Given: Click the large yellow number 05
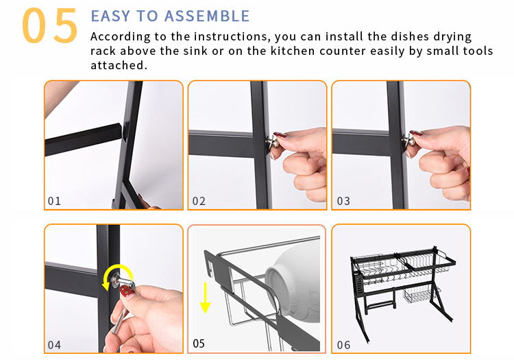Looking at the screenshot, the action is [x=50, y=25].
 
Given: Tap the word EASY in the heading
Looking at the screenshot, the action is [x=110, y=16].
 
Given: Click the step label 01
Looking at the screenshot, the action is [x=54, y=201].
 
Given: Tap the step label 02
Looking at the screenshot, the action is [x=199, y=201].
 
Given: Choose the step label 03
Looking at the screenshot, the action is [x=343, y=201].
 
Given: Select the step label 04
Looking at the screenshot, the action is [x=54, y=345].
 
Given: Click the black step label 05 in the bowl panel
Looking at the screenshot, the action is [x=199, y=344].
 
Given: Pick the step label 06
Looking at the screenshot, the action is [x=343, y=345].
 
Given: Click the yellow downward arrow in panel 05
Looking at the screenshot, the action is [x=205, y=298].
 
